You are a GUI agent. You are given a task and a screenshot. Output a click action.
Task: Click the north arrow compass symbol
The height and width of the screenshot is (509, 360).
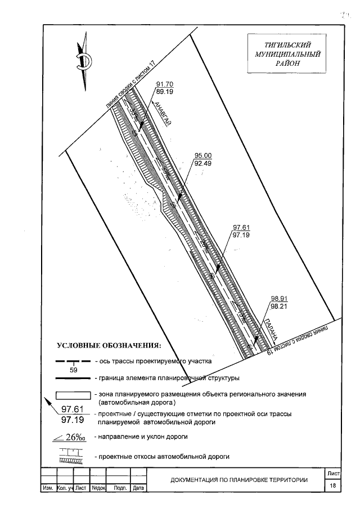84,58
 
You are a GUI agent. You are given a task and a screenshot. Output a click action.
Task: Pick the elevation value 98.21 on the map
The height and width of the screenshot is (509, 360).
280,308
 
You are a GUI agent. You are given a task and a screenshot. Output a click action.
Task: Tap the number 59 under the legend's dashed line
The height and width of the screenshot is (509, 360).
74,370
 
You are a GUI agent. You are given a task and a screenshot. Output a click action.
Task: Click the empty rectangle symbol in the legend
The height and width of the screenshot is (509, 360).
73,396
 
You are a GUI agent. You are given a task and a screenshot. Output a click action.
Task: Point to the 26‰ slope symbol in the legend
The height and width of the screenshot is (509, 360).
71,437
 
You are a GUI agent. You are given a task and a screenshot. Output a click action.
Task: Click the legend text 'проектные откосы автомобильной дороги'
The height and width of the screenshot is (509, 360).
162,456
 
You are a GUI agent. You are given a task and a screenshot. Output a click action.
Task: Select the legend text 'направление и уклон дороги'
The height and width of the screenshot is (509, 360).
141,436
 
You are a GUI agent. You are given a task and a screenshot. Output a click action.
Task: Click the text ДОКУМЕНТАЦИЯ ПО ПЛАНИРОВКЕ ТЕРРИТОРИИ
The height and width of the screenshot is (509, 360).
239,480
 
